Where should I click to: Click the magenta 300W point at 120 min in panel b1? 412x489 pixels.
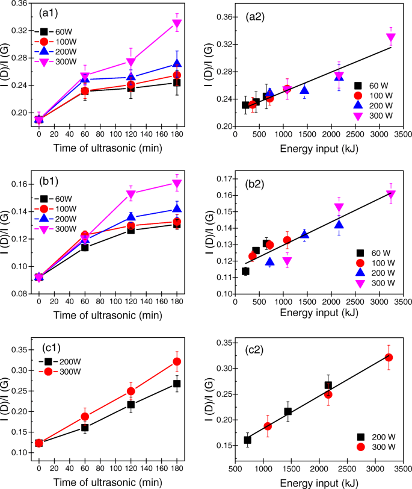131,194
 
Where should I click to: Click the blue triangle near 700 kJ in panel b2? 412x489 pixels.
269,262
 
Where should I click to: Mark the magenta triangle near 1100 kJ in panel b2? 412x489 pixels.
287,261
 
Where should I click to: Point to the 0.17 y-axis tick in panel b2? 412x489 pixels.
218,179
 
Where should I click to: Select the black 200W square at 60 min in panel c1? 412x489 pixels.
85,428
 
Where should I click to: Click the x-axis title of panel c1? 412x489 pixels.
108,482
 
